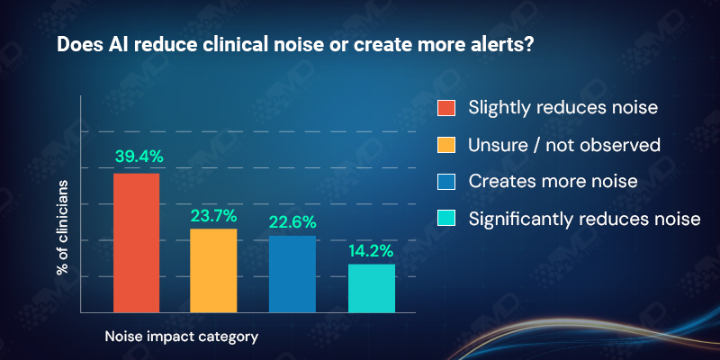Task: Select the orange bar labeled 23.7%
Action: click(214, 271)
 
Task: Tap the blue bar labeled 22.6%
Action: click(292, 274)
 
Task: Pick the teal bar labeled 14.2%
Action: click(372, 288)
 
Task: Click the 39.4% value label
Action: click(139, 157)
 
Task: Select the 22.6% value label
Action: click(292, 220)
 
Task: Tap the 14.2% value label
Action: click(372, 250)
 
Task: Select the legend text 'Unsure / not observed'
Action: click(552, 145)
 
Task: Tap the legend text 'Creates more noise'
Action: click(540, 181)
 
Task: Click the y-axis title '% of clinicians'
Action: click(63, 227)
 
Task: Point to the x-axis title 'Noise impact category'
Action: click(182, 337)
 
